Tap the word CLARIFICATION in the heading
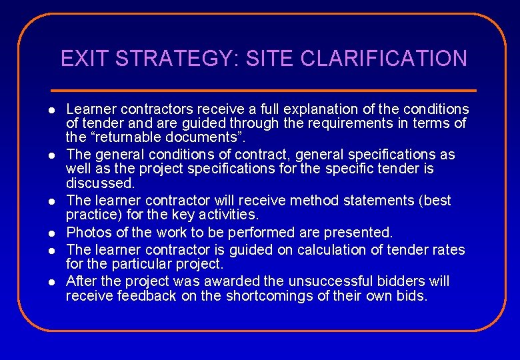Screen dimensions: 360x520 (x=384, y=59)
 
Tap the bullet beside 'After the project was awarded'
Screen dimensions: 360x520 (x=51, y=281)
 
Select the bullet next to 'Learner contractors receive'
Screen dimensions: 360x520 (x=51, y=109)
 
